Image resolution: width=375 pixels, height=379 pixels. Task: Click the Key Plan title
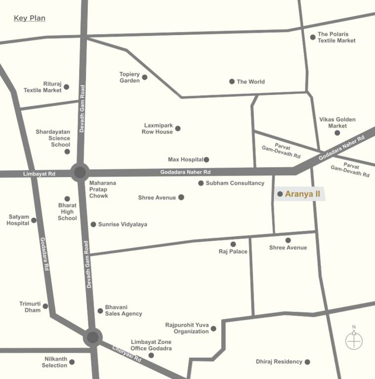pos(29,18)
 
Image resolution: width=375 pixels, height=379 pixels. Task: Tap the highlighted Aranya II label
pos(302,194)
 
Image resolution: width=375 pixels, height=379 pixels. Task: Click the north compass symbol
pos(354,340)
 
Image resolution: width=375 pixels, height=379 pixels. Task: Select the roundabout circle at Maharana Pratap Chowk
pos(80,172)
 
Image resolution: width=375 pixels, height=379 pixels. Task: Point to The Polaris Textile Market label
pos(336,38)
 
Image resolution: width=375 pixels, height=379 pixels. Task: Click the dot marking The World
pos(232,81)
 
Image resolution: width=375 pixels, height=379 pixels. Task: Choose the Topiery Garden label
pos(129,77)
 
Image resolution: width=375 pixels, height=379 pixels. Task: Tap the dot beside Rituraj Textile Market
pos(67,87)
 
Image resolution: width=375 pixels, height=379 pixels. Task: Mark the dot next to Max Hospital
pos(207,159)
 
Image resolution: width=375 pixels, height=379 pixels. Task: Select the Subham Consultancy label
pos(235,183)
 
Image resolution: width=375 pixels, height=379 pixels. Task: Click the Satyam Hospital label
pos(18,220)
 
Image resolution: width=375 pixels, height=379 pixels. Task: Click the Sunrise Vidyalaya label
pos(123,224)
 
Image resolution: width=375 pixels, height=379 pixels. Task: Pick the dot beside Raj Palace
pos(233,244)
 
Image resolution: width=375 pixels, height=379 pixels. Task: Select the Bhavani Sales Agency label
pos(123,310)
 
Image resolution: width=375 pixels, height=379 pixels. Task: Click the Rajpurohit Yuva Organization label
pos(187,328)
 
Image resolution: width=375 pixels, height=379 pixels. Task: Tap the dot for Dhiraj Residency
pos(307,362)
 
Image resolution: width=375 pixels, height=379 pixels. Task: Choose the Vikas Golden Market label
pos(337,122)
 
